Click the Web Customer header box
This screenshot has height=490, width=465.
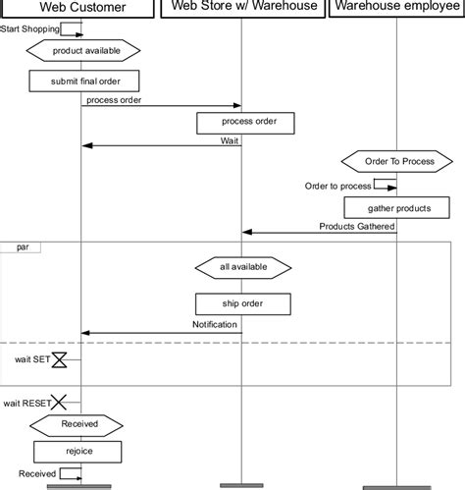coord(80,9)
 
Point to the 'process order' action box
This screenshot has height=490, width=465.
coord(242,123)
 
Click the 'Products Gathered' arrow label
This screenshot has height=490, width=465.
coord(356,226)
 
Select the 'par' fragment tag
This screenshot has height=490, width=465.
coord(22,247)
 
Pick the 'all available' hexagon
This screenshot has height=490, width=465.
coord(243,267)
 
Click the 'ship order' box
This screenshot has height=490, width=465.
coord(242,302)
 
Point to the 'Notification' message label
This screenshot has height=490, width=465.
coord(214,324)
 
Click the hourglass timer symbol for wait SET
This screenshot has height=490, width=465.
coord(59,360)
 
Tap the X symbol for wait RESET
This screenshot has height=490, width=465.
coord(59,402)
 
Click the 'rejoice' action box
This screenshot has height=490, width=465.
coord(78,452)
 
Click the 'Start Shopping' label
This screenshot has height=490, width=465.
coord(29,29)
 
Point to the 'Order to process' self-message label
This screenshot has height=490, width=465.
coord(337,186)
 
